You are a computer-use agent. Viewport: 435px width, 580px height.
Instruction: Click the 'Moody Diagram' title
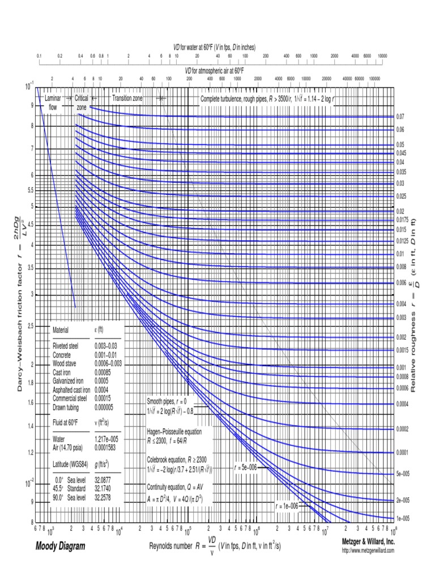click(60, 547)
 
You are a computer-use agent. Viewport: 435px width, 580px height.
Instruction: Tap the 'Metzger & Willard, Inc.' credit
click(368, 542)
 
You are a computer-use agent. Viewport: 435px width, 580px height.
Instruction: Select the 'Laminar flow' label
click(53, 102)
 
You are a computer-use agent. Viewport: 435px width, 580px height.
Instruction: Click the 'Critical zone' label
click(82, 102)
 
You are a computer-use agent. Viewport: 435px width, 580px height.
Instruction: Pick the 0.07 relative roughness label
click(400, 117)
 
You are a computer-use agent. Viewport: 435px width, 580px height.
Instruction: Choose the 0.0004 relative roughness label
click(402, 404)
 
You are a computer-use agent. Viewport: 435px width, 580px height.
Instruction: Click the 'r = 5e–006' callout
click(246, 468)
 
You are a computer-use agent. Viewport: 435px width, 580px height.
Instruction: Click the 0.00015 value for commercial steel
click(105, 398)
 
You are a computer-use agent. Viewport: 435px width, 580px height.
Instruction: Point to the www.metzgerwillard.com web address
click(368, 551)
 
